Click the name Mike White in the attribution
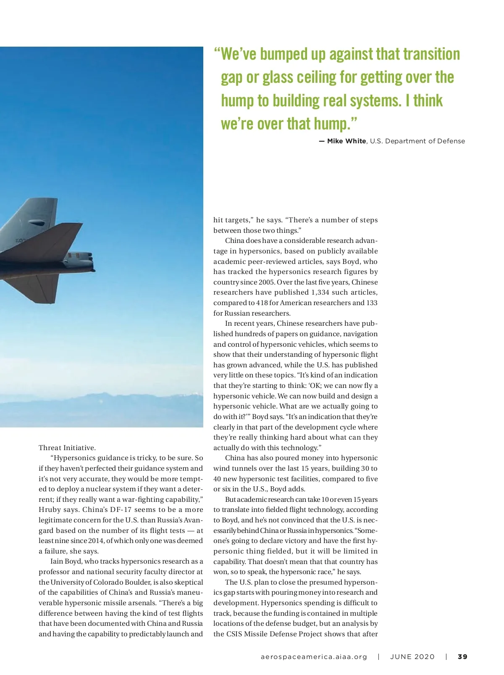coord(346,141)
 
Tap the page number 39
coord(462,657)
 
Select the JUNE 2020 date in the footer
coord(412,657)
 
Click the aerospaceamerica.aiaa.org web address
coord(314,657)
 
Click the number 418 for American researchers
coord(262,303)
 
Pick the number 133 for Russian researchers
coord(372,303)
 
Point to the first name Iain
coord(58,562)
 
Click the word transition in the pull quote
coord(431,54)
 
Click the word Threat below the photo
coord(50,448)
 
